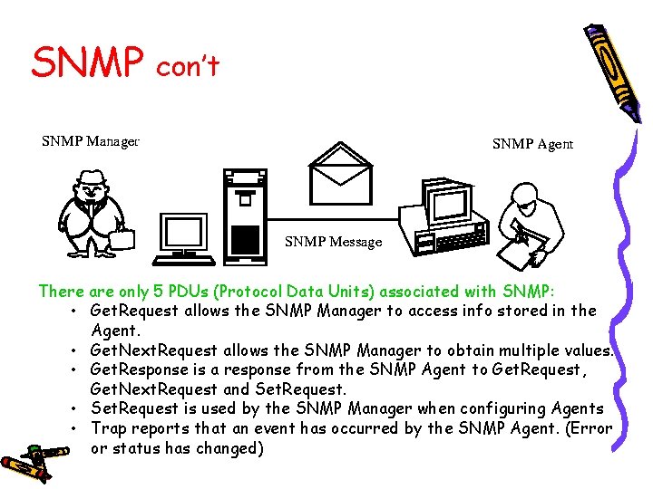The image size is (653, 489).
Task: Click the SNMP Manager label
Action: point(90,140)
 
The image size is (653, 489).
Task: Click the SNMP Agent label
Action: point(532,144)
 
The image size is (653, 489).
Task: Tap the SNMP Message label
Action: point(333,242)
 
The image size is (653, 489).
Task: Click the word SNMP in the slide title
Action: point(88,63)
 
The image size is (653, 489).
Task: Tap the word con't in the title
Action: point(188,65)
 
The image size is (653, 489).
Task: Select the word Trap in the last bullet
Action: point(109,428)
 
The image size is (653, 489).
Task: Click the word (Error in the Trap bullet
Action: point(590,428)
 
